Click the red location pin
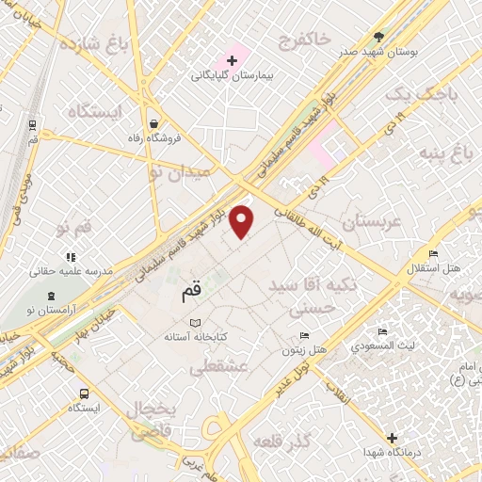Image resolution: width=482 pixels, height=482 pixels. [x=242, y=220]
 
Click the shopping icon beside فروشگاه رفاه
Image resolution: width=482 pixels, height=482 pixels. [x=153, y=123]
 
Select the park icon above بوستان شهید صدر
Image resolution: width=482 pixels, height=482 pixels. [x=379, y=36]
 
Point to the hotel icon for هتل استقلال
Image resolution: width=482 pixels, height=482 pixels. [x=432, y=254]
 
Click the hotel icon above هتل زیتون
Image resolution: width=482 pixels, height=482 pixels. [x=304, y=336]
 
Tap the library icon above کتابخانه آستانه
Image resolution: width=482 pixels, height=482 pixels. [x=196, y=323]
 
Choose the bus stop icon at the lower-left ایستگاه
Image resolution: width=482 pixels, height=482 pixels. [x=84, y=394]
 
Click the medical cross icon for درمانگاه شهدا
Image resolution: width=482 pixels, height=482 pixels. [x=393, y=438]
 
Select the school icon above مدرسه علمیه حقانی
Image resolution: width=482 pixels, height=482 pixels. [x=70, y=256]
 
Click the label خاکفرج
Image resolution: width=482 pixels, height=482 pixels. [x=304, y=39]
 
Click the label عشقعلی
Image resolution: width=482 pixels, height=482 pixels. [x=219, y=369]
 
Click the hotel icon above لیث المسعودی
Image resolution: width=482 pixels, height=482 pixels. [x=381, y=332]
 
